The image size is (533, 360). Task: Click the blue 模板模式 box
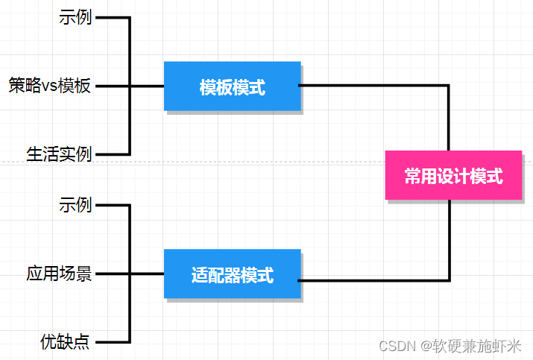[x=232, y=86]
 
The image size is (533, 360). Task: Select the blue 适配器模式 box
[x=232, y=275]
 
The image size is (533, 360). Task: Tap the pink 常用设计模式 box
[x=453, y=176]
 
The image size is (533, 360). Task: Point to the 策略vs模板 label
[x=50, y=86]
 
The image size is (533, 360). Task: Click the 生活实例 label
[x=59, y=154]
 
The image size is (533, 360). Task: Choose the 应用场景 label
[x=59, y=274]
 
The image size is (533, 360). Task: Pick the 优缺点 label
[x=66, y=341]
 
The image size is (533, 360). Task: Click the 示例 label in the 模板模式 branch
[x=75, y=17]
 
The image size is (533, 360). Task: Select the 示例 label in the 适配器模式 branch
[x=75, y=204]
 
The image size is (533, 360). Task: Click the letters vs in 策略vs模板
[x=49, y=86]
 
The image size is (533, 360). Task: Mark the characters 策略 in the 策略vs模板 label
[x=24, y=86]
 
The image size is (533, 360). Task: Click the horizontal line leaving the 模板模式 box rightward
[x=373, y=86]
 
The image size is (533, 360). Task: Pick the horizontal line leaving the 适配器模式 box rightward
[x=373, y=280]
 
